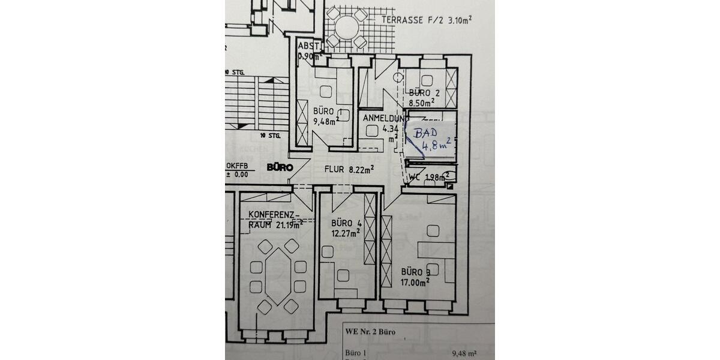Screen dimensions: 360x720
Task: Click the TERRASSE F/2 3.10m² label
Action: [x=426, y=20]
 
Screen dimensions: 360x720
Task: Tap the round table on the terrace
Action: [x=346, y=26]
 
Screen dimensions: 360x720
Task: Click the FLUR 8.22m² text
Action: [x=350, y=169]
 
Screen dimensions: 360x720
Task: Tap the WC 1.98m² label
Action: [x=428, y=177]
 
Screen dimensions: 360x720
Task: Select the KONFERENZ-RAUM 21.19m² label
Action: [x=272, y=220]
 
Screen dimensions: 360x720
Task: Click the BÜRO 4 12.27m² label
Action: [x=345, y=228]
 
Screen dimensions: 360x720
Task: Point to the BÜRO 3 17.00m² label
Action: [x=415, y=277]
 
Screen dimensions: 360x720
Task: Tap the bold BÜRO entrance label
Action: [x=280, y=168]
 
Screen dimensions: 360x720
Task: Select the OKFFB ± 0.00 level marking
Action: [x=236, y=170]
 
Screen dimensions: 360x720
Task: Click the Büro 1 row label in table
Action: [x=355, y=353]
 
